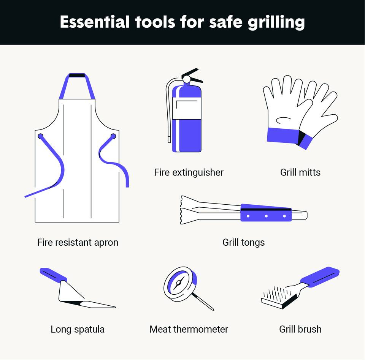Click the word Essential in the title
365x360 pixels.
(x=95, y=22)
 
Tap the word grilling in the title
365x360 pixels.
(x=276, y=23)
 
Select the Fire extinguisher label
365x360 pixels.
(x=189, y=172)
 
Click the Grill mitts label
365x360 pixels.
(x=300, y=172)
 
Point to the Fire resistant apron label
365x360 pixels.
(x=78, y=242)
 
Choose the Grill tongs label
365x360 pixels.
(x=243, y=243)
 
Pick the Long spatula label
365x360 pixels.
(x=78, y=329)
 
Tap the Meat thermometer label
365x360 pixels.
(x=189, y=329)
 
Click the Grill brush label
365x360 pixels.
(x=300, y=329)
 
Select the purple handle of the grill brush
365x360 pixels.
(x=320, y=277)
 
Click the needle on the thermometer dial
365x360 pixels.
(x=179, y=283)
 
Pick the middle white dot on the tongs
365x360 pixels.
(x=266, y=216)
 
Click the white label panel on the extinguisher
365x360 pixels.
(x=187, y=108)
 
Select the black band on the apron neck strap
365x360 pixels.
(x=77, y=75)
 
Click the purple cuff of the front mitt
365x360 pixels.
(x=282, y=135)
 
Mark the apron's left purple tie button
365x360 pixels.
(x=41, y=136)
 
